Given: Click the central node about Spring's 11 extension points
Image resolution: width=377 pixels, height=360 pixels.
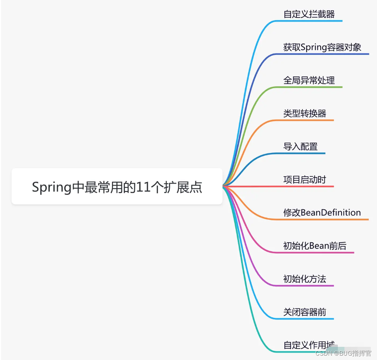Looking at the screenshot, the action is tap(117, 186).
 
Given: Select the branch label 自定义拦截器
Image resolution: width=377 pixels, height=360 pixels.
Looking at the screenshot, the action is tap(309, 14).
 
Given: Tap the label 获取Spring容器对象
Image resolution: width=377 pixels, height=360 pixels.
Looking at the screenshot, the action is tap(322, 47).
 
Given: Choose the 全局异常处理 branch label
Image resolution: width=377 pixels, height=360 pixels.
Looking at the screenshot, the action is tap(309, 80).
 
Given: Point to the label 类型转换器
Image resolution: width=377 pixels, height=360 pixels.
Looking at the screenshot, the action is tap(305, 113).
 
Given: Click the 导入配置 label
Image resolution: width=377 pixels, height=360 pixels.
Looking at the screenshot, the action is tap(300, 146).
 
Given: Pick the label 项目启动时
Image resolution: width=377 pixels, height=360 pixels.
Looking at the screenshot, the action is tap(305, 180).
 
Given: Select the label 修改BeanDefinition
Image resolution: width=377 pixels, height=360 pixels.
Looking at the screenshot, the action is tap(322, 213).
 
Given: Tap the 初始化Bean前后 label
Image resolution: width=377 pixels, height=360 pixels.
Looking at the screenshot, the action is tap(315, 246).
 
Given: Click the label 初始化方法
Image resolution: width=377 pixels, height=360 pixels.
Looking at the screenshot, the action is tap(305, 279).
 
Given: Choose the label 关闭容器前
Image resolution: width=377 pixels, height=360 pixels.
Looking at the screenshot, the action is tap(305, 312).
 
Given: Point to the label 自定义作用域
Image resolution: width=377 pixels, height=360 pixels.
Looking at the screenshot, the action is tap(309, 345).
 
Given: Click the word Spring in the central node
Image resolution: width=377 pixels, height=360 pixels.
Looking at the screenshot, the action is tap(51, 187).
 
